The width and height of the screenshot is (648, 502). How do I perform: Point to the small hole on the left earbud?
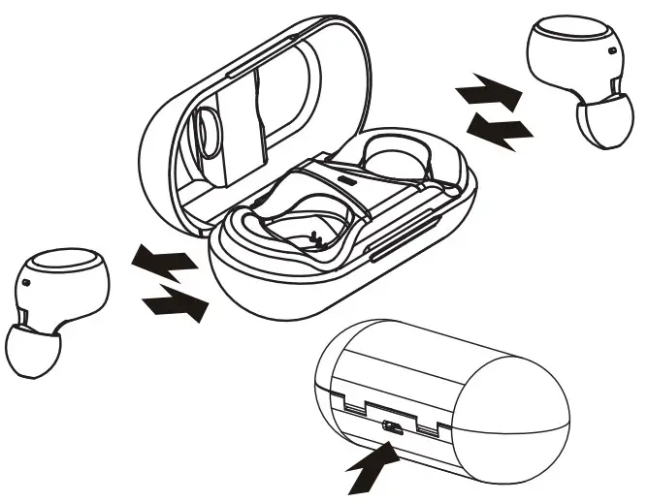(26, 282)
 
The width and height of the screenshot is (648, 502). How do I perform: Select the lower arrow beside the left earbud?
(177, 305)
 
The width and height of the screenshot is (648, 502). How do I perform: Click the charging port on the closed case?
(393, 426)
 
